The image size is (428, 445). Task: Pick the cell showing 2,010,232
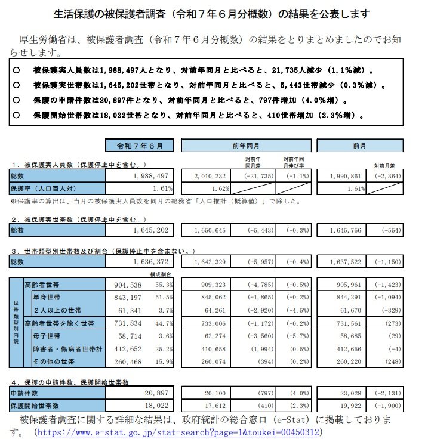[210, 176]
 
